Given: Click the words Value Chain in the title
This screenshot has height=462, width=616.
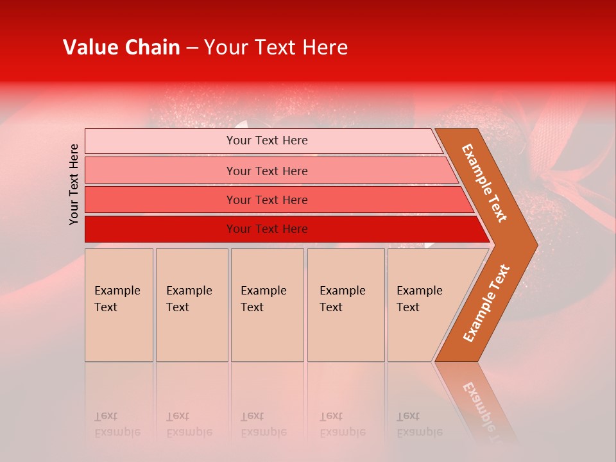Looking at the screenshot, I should pyautogui.click(x=121, y=47).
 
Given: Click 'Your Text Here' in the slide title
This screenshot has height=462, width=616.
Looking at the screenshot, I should pyautogui.click(x=276, y=47).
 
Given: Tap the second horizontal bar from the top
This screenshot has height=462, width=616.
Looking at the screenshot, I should pyautogui.click(x=266, y=171).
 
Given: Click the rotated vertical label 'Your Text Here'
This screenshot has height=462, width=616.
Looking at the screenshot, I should pyautogui.click(x=74, y=184).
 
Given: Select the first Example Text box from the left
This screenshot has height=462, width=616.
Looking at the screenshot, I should pyautogui.click(x=119, y=305).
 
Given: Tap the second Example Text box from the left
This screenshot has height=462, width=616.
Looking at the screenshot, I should pyautogui.click(x=192, y=305).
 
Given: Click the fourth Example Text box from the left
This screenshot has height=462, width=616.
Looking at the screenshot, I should pyautogui.click(x=346, y=305).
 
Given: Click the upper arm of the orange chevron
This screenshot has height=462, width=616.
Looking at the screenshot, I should pyautogui.click(x=484, y=183).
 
